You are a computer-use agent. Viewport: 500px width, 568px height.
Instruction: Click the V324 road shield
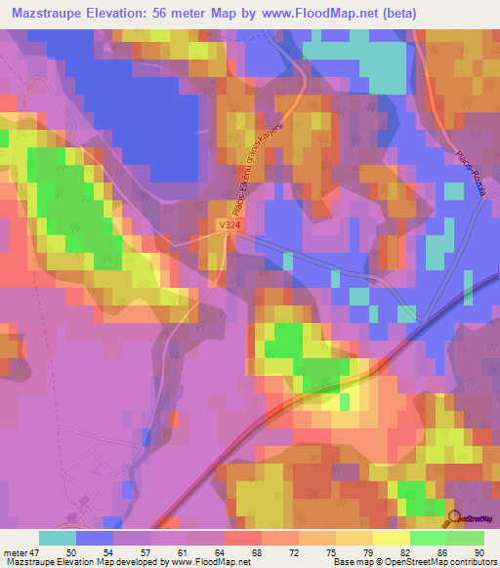tap(229, 224)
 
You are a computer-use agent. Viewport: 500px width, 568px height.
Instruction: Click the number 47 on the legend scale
tap(33, 551)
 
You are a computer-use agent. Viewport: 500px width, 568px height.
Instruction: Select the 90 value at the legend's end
tap(478, 551)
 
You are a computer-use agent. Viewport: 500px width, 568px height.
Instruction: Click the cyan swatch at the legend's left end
tap(57, 538)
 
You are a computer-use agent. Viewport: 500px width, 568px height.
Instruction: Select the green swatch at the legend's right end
tap(465, 538)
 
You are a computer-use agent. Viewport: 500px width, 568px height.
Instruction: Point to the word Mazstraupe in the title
tap(45, 14)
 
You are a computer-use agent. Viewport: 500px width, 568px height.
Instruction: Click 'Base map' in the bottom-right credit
tap(349, 562)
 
